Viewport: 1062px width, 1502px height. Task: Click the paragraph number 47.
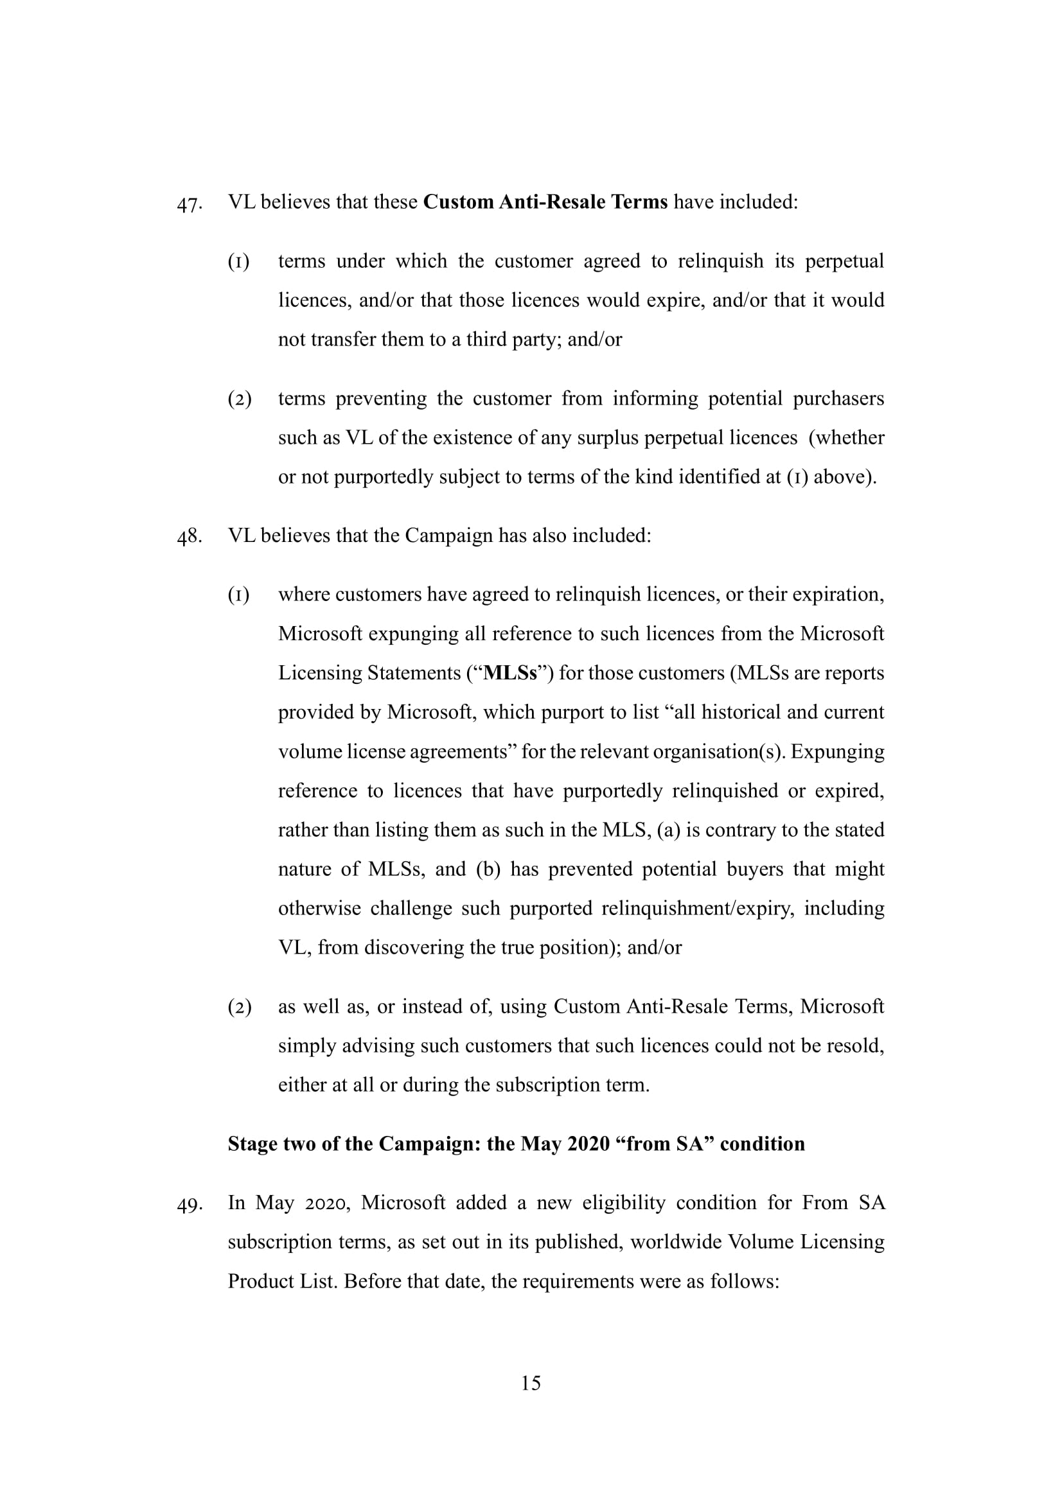[188, 205]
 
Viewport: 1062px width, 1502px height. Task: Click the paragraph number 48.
[188, 537]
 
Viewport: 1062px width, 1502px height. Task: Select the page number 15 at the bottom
[531, 1383]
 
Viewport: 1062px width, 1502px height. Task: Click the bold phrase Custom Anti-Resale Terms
[545, 202]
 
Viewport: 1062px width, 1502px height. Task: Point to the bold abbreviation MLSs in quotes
[509, 673]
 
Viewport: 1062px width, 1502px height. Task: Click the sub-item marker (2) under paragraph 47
[240, 399]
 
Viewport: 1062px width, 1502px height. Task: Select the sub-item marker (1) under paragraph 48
[239, 595]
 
